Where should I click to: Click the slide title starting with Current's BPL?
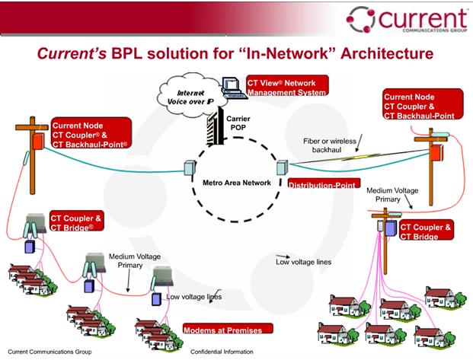point(237,55)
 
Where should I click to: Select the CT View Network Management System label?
point(286,86)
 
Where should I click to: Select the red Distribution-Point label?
point(321,183)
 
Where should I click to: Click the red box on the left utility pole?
point(36,142)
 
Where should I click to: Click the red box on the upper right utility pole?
point(437,153)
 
